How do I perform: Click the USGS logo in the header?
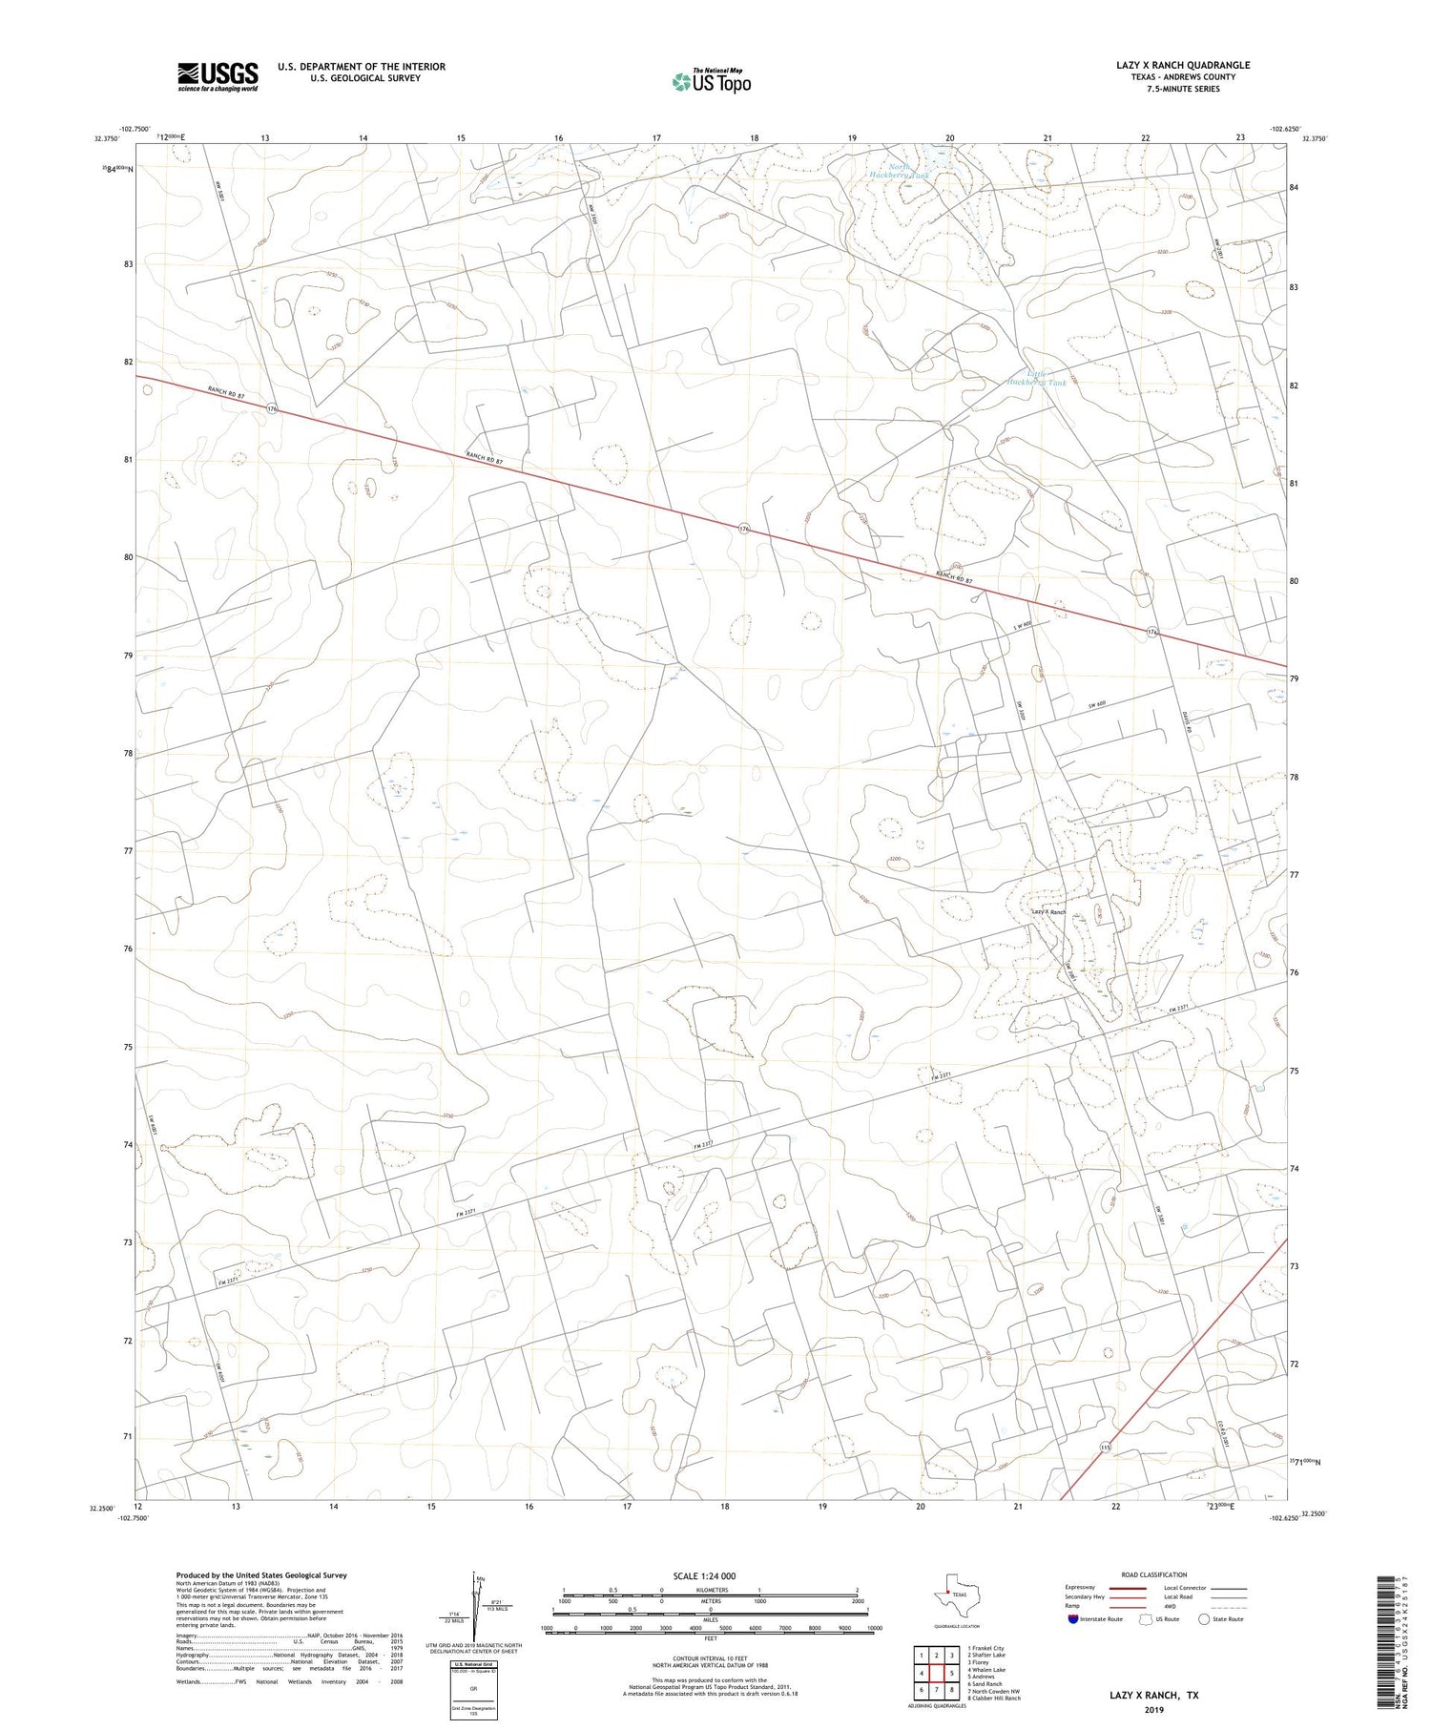click(x=218, y=76)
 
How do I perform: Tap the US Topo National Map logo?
click(x=711, y=82)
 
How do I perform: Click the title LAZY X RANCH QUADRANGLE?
click(x=1182, y=65)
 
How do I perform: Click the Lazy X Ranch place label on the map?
click(x=1048, y=912)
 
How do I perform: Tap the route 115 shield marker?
click(x=1104, y=1448)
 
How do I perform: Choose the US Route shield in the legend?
click(x=1148, y=1619)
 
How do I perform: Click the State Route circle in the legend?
click(x=1204, y=1619)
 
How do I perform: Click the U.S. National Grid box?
click(x=472, y=1690)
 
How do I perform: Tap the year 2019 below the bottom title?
click(x=1153, y=1710)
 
